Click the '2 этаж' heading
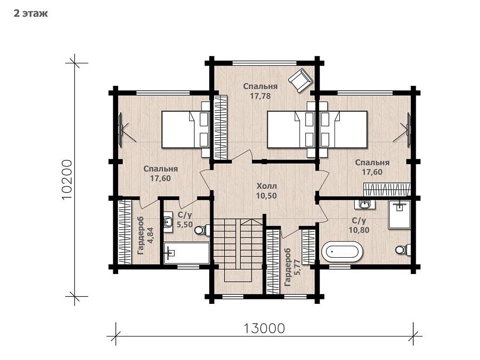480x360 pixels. click(x=31, y=14)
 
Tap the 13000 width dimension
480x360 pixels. click(x=264, y=328)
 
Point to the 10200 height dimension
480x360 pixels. click(x=67, y=180)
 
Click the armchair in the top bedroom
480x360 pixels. click(x=300, y=80)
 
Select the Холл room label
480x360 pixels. click(x=266, y=186)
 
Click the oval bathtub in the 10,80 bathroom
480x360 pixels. click(x=343, y=252)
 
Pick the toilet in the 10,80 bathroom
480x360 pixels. click(x=403, y=249)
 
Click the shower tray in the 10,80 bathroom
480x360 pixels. click(x=399, y=215)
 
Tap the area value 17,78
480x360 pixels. click(x=260, y=96)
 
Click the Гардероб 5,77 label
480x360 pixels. click(x=292, y=267)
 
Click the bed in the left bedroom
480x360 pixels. click(x=185, y=130)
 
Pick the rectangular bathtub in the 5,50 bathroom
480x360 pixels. click(x=187, y=253)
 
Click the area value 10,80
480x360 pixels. click(x=359, y=230)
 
